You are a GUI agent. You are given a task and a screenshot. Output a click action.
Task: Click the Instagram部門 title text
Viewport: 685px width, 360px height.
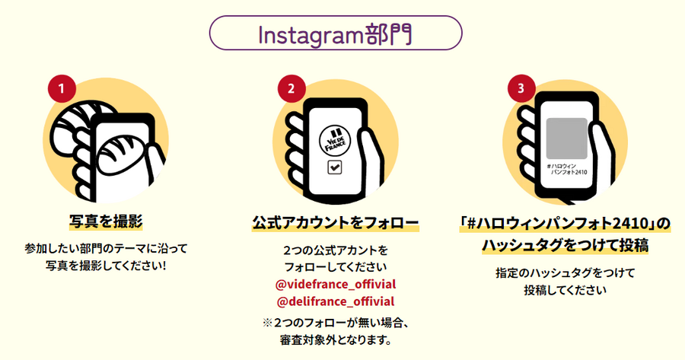click(x=335, y=34)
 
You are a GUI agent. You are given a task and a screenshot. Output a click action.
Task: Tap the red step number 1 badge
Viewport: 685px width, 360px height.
click(x=62, y=89)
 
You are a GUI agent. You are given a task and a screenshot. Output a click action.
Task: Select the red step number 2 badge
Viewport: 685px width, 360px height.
click(x=292, y=89)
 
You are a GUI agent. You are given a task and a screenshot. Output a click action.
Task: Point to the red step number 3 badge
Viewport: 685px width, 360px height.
click(x=521, y=89)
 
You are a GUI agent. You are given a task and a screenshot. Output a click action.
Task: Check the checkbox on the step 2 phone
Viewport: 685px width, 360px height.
click(x=335, y=167)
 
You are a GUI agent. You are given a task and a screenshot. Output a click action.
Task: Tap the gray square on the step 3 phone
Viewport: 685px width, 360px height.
click(x=566, y=139)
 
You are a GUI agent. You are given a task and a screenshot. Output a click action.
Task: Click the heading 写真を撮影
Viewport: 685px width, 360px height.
click(x=106, y=221)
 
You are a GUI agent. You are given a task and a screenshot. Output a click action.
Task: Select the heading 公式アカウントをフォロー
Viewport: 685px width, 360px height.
click(x=335, y=223)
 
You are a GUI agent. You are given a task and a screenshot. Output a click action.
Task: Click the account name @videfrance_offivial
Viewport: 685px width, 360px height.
click(x=336, y=285)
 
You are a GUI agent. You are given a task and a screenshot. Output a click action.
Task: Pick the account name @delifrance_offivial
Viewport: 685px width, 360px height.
click(x=336, y=301)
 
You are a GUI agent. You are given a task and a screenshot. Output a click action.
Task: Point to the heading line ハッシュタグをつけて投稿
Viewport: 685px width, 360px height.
click(x=565, y=245)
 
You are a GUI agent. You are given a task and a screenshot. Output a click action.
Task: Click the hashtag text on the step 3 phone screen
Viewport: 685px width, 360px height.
click(x=566, y=169)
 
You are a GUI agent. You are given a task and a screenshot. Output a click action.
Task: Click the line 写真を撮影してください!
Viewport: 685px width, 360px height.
click(x=106, y=266)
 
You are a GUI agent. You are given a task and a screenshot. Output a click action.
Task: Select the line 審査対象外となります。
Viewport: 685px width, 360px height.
click(x=336, y=339)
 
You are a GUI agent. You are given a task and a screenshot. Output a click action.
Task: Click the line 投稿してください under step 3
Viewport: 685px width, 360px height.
click(x=565, y=290)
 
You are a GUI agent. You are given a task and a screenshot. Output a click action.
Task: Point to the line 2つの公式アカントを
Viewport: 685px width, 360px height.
click(x=336, y=250)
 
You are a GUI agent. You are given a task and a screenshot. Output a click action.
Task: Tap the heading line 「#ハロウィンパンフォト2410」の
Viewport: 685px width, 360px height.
click(x=565, y=224)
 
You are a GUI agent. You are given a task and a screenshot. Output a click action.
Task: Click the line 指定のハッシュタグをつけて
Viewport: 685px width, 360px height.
click(x=565, y=273)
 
